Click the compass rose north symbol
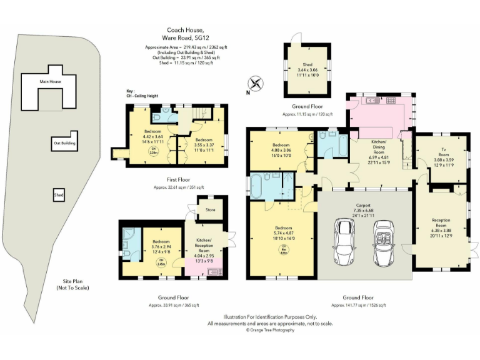tap(254, 83)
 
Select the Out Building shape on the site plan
tap(64, 142)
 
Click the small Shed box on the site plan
tap(57, 195)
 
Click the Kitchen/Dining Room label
tap(375, 148)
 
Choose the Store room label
tap(211, 210)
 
